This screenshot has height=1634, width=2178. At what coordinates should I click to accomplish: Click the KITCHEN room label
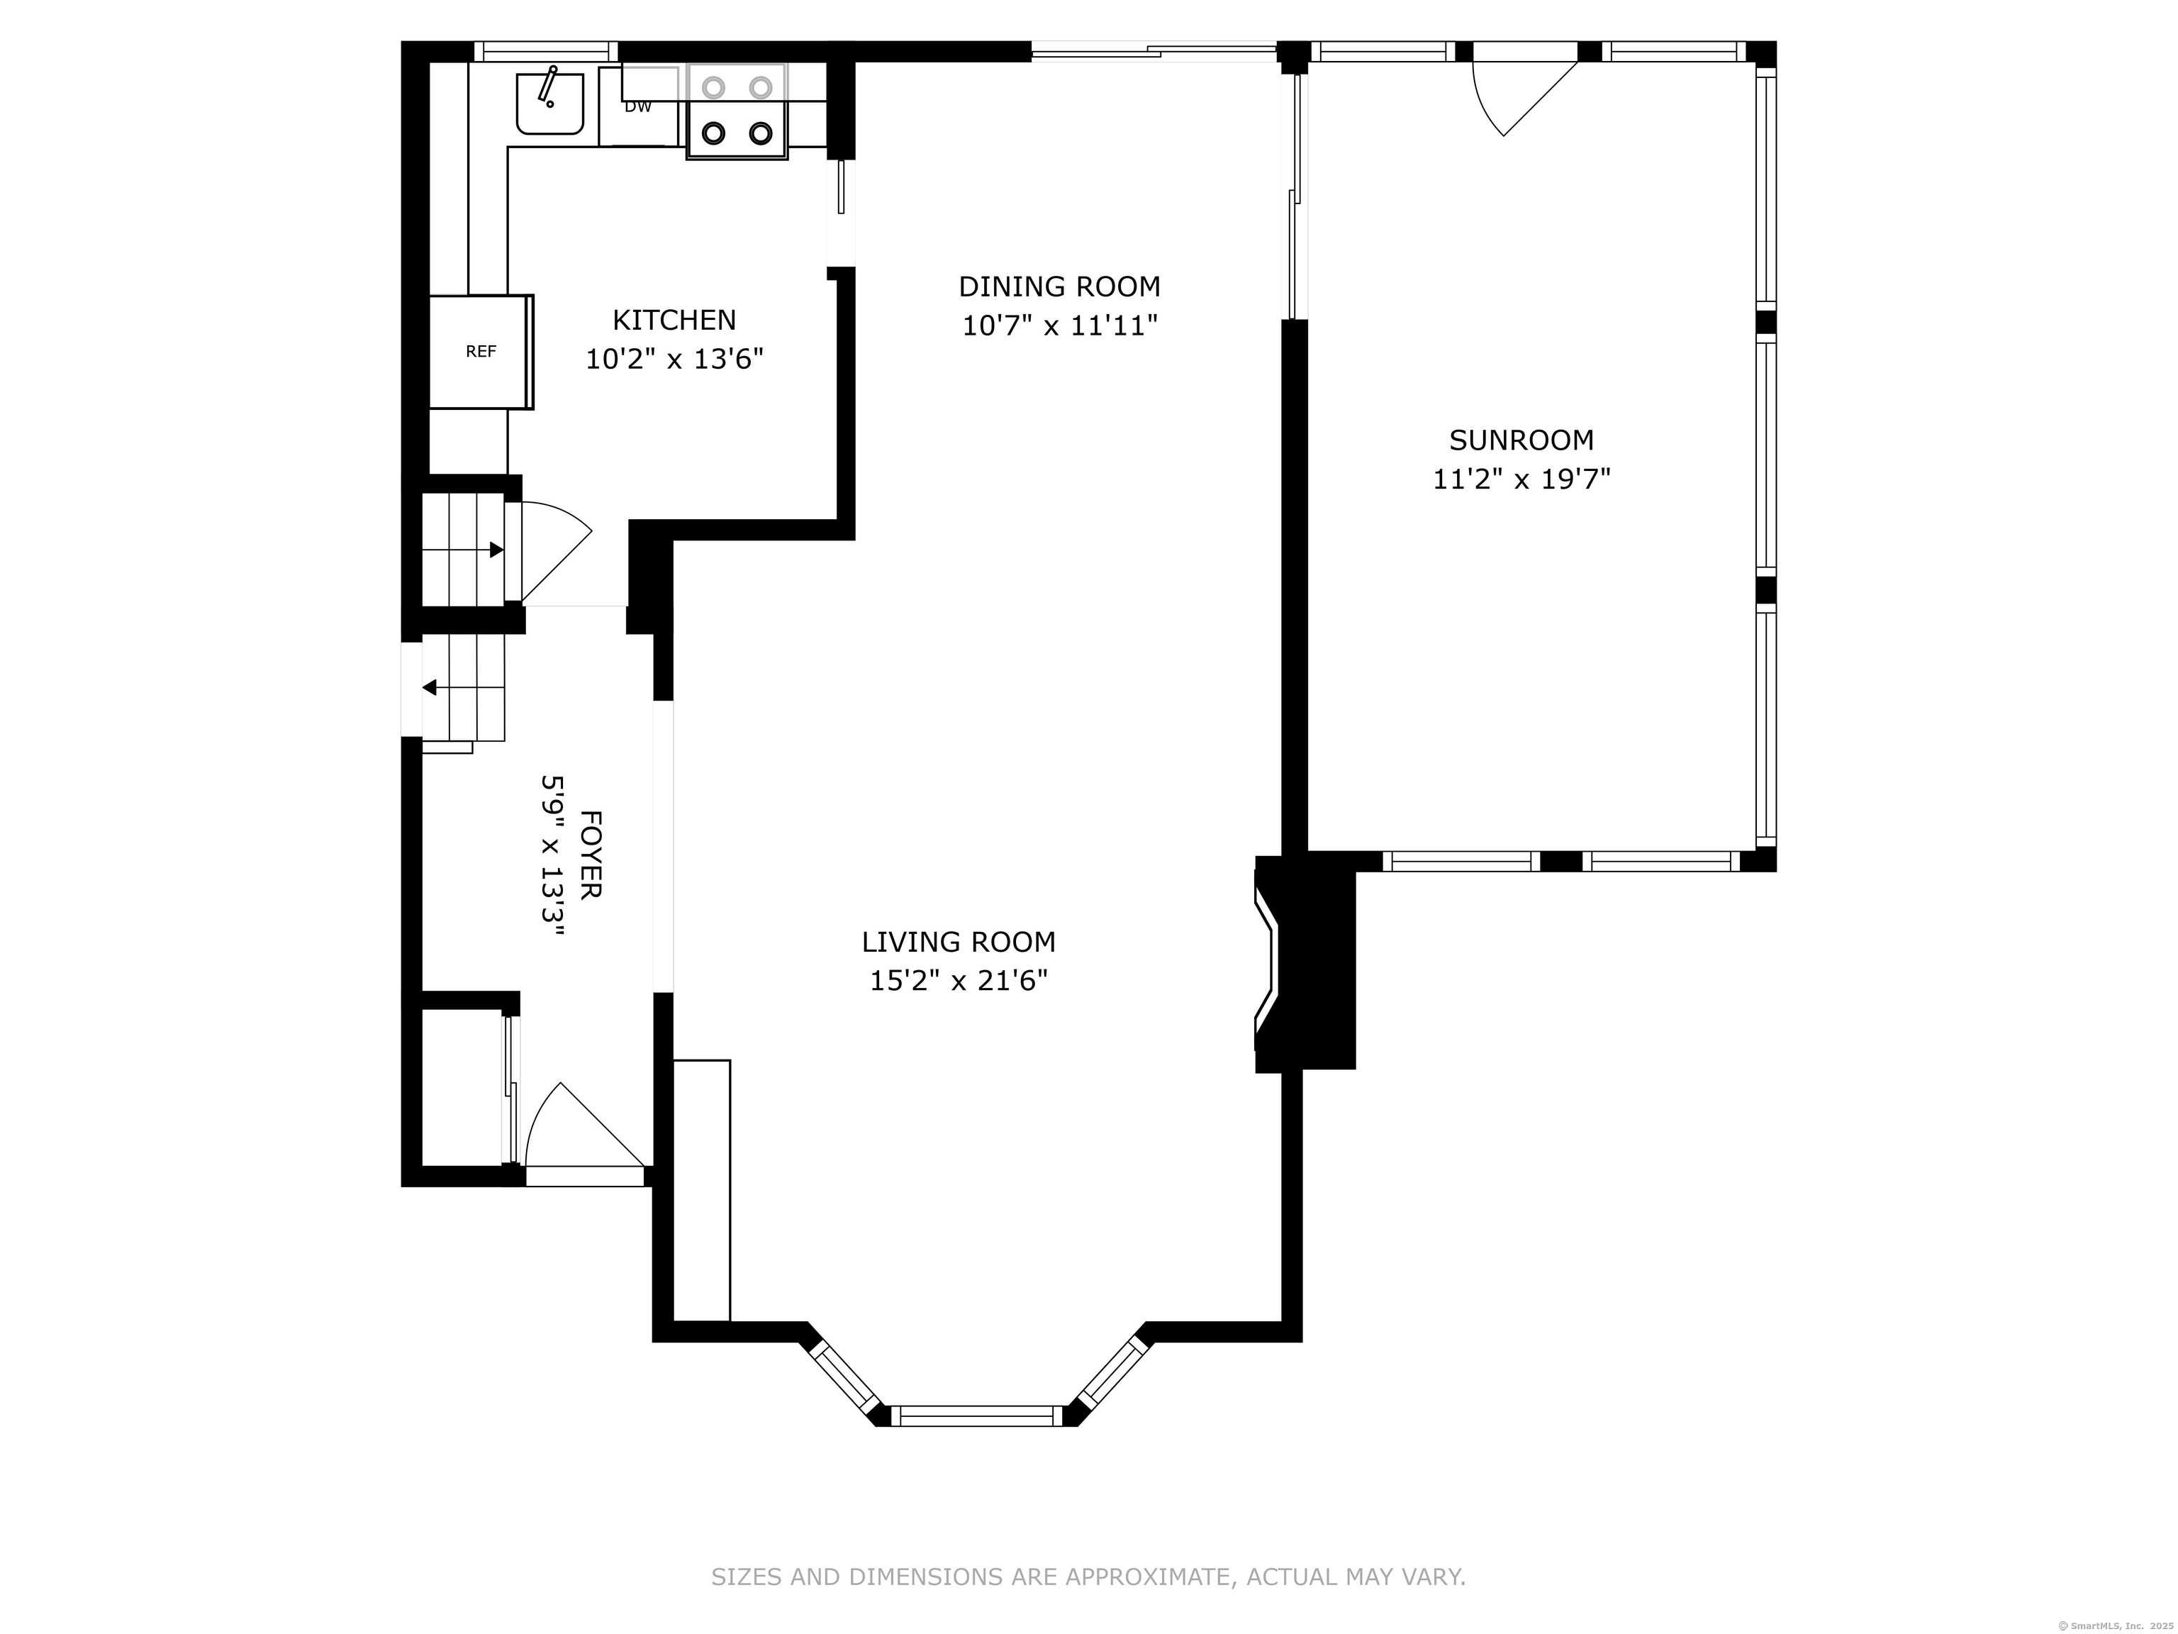(674, 320)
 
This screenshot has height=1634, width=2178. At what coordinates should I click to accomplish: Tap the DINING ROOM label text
(1059, 287)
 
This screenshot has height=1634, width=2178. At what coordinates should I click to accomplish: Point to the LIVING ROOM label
(958, 943)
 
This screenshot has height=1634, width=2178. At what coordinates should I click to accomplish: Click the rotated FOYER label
(591, 854)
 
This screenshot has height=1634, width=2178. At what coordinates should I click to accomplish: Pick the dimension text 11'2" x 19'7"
(1521, 479)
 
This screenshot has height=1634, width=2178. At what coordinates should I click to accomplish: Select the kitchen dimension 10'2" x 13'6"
(674, 360)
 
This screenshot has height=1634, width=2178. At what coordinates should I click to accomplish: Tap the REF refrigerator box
(481, 352)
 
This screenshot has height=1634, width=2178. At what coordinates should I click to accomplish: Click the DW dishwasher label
(638, 106)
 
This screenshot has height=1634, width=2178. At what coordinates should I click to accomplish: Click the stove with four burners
(737, 111)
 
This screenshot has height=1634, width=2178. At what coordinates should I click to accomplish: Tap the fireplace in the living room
(1302, 963)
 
